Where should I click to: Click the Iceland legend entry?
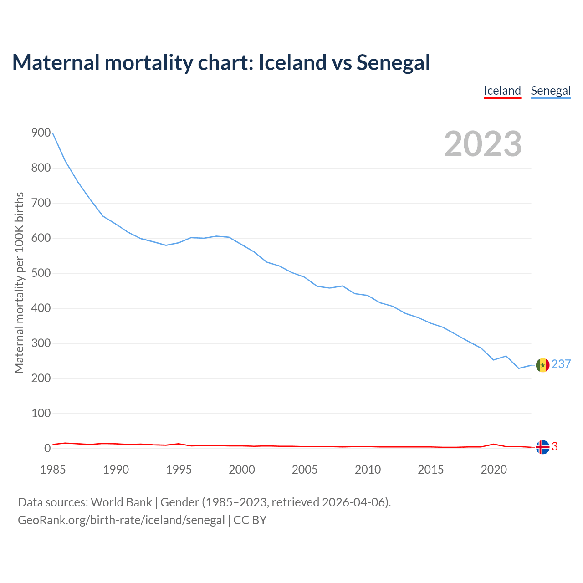click(502, 91)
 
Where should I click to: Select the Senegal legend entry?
click(551, 91)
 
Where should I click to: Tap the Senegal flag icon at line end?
click(542, 365)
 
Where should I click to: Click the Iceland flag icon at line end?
click(542, 447)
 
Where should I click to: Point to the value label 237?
click(561, 364)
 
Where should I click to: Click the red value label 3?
click(555, 447)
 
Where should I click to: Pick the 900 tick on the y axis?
click(41, 133)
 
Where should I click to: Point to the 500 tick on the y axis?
click(41, 273)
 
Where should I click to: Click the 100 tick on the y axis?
click(41, 414)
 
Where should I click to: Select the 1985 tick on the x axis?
click(53, 470)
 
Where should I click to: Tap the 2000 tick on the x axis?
click(242, 470)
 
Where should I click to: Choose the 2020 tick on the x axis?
click(494, 470)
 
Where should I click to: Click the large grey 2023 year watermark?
click(483, 144)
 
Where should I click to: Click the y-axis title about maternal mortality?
click(19, 282)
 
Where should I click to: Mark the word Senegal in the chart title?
click(393, 63)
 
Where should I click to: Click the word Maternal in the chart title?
click(56, 63)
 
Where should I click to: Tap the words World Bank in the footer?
click(121, 502)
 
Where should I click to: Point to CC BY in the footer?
click(250, 520)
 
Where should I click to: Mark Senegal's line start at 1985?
click(53, 133)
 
